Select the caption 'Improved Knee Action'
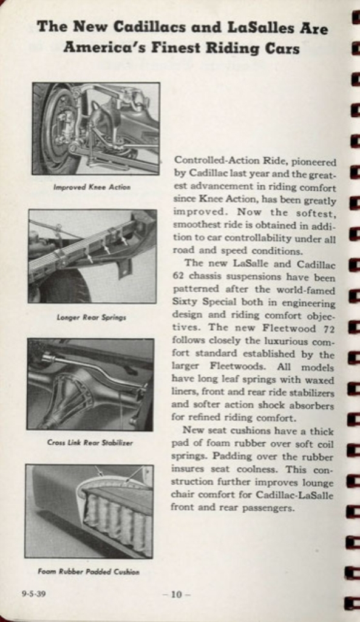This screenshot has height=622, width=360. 92,187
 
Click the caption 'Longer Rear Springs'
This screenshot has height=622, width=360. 92,316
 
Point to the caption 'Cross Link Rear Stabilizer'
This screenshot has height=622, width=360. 90,443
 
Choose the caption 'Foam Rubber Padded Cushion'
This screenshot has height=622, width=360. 89,572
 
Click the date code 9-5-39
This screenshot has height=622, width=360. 33,594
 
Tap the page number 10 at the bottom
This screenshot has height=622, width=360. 176,595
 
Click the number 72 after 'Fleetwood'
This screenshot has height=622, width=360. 328,328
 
